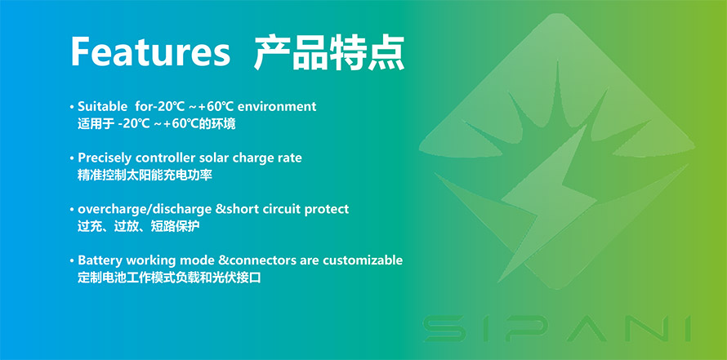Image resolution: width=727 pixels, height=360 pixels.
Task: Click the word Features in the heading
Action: click(150, 52)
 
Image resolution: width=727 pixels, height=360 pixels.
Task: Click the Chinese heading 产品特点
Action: click(329, 53)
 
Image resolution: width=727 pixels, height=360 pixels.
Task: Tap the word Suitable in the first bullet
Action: click(102, 106)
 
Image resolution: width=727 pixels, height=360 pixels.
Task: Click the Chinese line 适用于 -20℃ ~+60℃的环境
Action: click(156, 124)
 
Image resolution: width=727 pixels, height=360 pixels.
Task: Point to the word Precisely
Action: click(105, 158)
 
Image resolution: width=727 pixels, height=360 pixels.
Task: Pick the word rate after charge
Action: click(290, 158)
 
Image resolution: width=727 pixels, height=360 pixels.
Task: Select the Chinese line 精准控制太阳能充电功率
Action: click(145, 176)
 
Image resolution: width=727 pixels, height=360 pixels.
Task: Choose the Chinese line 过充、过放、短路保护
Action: click(139, 227)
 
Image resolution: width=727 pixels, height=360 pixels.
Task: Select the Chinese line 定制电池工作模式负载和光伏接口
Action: click(169, 278)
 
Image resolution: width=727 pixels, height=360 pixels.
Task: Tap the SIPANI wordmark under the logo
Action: click(557, 328)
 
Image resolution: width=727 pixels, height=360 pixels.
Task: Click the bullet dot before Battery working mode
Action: click(72, 261)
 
